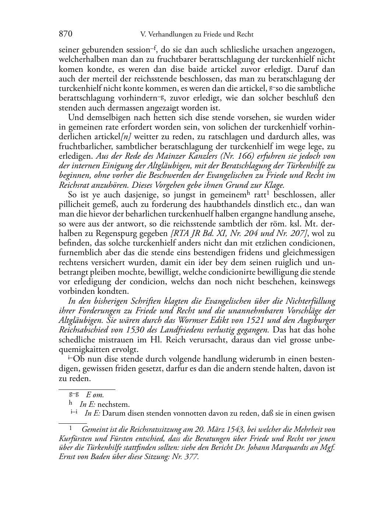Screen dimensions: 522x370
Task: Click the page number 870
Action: coord(65,34)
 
